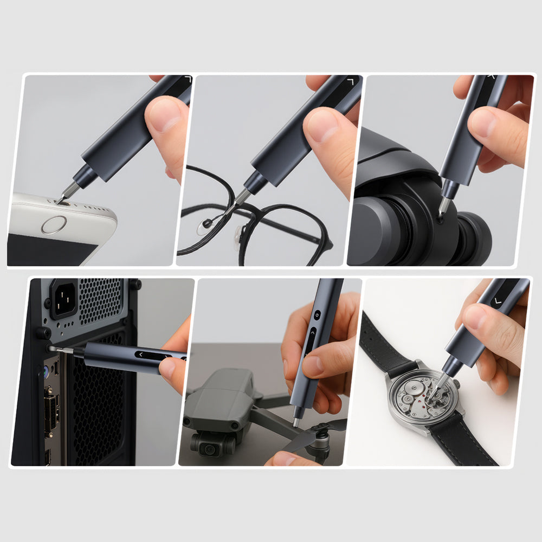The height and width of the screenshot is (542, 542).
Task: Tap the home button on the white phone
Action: point(54,224)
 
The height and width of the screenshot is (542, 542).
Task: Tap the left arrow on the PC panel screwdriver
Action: point(141,355)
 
